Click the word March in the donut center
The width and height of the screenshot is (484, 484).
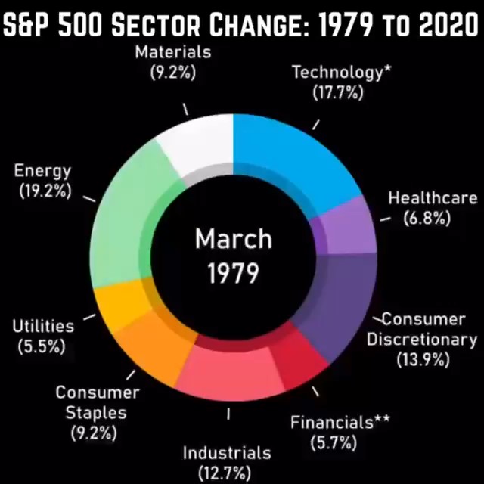(x=233, y=239)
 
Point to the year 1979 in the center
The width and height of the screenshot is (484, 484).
(x=233, y=272)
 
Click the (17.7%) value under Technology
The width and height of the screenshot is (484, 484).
(x=338, y=92)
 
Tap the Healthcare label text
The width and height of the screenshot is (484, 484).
(x=432, y=198)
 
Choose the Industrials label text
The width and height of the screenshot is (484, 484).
(x=227, y=453)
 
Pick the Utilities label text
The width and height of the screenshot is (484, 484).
(x=43, y=327)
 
